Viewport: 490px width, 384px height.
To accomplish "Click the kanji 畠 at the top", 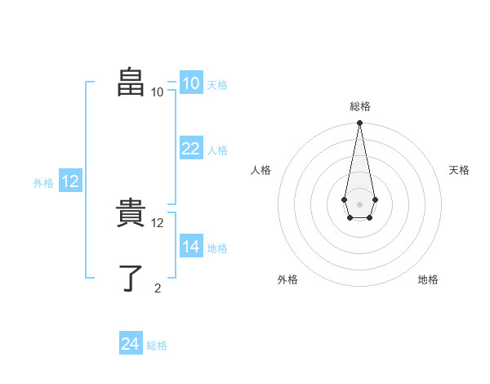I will (131, 83).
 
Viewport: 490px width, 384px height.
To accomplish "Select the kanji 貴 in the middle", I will (131, 216).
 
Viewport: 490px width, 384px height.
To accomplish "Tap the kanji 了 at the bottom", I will (131, 279).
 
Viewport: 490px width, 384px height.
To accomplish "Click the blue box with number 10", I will (190, 83).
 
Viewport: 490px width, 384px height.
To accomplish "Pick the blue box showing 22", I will (190, 149).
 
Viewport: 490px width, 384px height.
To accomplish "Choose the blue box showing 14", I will (190, 247).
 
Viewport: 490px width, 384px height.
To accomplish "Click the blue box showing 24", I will (130, 344).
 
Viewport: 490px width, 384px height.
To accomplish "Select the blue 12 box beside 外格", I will (69, 181).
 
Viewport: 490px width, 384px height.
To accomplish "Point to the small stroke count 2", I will (158, 287).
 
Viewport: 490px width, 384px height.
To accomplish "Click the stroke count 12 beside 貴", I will (158, 222).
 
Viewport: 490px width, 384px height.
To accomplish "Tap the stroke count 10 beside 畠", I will (157, 92).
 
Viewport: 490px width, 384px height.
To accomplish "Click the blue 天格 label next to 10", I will (217, 84).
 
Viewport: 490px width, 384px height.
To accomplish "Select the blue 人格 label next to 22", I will (217, 150).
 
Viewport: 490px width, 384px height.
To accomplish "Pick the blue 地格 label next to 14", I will (217, 248).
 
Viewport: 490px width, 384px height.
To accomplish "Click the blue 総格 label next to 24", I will (157, 346).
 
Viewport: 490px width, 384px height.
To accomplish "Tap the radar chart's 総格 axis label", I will (360, 106).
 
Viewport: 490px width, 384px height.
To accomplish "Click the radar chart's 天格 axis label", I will (460, 170).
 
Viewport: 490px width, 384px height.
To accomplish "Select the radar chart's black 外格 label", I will (287, 279).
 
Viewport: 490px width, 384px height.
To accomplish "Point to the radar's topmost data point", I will (359, 123).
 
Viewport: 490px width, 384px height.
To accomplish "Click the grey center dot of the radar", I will (359, 203).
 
